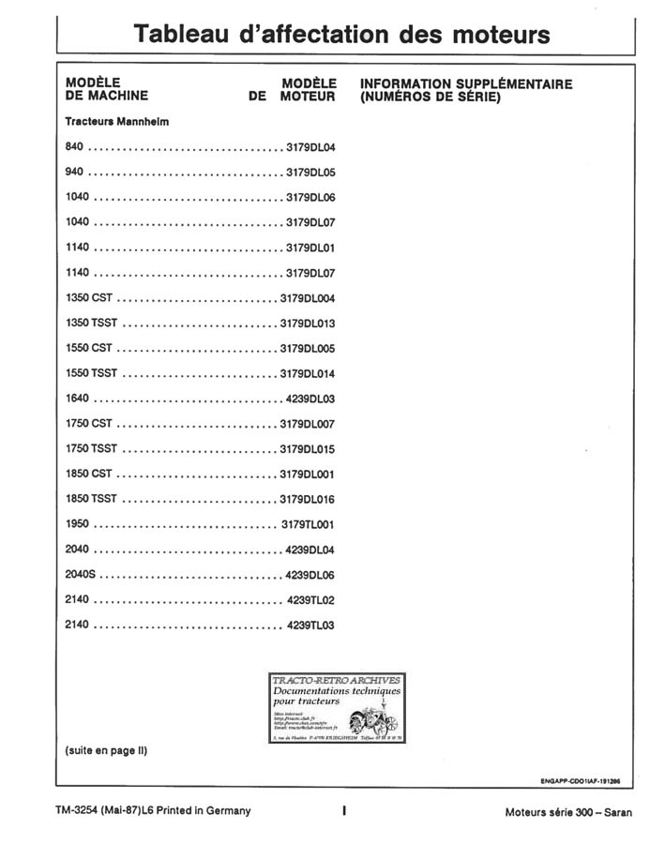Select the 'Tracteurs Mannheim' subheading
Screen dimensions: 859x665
coord(117,122)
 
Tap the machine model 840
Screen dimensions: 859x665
coord(75,148)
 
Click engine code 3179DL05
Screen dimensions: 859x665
coord(310,173)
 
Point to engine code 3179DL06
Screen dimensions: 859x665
coord(310,198)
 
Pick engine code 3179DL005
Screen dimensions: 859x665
coord(308,349)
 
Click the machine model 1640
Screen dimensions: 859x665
coord(78,399)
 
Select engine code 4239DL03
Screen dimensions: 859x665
coord(310,399)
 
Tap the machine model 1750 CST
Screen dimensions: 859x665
coord(89,424)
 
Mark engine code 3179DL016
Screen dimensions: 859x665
coord(308,499)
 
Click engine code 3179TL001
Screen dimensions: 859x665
coord(309,524)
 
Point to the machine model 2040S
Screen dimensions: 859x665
coord(82,574)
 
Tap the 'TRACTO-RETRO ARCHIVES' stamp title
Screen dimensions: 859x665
coord(335,680)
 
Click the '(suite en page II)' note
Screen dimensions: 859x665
coord(106,751)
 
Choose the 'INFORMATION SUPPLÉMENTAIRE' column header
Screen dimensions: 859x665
coord(466,83)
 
